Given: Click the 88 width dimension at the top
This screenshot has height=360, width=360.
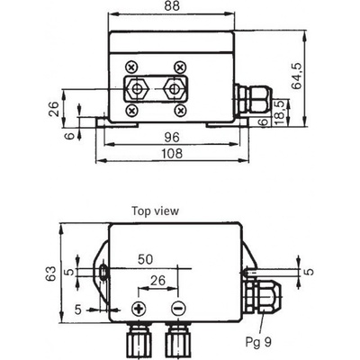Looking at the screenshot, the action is click(172, 6).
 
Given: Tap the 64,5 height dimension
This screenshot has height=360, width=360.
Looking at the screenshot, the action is click(297, 76).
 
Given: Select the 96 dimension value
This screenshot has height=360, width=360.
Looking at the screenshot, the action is click(172, 138).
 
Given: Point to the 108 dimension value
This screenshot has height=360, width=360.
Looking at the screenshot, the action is click(172, 154).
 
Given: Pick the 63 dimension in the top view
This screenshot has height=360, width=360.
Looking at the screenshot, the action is click(50, 274).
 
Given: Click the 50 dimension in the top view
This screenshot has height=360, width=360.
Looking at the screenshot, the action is click(145, 259).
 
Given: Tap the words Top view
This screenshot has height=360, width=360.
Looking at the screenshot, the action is click(156, 211).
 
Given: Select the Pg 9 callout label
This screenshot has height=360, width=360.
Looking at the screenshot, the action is click(259, 341).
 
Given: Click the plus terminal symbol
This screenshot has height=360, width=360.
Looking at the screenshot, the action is click(139, 309).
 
